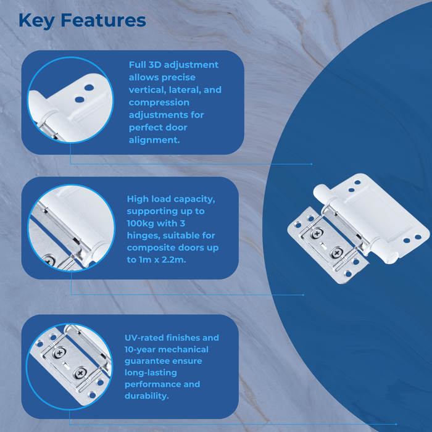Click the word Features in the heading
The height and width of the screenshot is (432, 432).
(104, 20)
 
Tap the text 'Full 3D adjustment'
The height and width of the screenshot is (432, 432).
(173, 65)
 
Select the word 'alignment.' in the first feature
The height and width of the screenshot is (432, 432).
(154, 140)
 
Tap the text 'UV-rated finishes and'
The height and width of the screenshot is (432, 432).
(172, 338)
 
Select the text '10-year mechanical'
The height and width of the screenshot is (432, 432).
(166, 349)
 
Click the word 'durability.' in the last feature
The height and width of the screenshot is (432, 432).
(147, 396)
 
